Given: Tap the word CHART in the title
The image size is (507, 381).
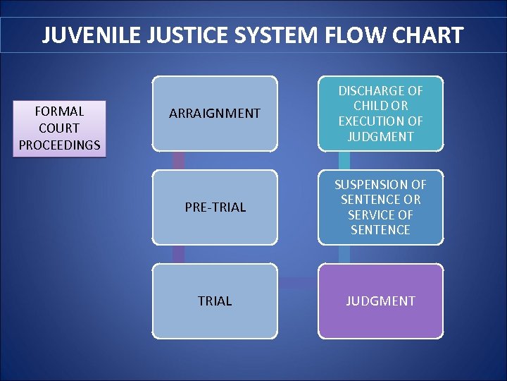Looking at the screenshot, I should (x=432, y=35).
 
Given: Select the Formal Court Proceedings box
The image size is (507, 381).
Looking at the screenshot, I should (x=60, y=128).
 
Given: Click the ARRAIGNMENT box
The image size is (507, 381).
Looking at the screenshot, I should (x=215, y=113).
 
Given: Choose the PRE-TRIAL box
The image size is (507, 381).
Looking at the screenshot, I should (x=215, y=207).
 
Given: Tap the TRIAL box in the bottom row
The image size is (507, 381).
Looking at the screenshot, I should (x=215, y=301).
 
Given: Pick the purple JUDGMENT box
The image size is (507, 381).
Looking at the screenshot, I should (x=380, y=301).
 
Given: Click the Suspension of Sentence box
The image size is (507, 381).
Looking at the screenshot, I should (x=380, y=207).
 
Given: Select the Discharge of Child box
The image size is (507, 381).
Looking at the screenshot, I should (x=380, y=113).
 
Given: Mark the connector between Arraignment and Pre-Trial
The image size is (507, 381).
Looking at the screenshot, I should (x=179, y=160).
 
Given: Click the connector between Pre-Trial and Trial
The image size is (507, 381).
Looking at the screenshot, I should (x=179, y=254).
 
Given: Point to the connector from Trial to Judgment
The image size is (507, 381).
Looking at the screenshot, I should (x=297, y=283).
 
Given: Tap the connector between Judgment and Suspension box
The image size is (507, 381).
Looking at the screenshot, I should (x=344, y=254).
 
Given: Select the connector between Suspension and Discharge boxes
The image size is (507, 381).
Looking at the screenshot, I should (x=344, y=160).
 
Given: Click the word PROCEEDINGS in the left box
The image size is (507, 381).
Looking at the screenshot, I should (x=60, y=145).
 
